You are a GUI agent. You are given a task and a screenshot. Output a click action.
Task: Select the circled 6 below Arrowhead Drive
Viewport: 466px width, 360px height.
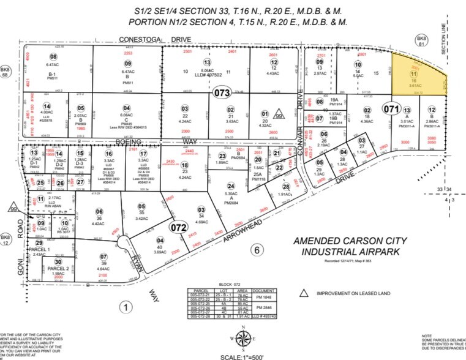coord(258,249)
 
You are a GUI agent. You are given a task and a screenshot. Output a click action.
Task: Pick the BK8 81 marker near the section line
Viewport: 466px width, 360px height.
coord(454,40)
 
